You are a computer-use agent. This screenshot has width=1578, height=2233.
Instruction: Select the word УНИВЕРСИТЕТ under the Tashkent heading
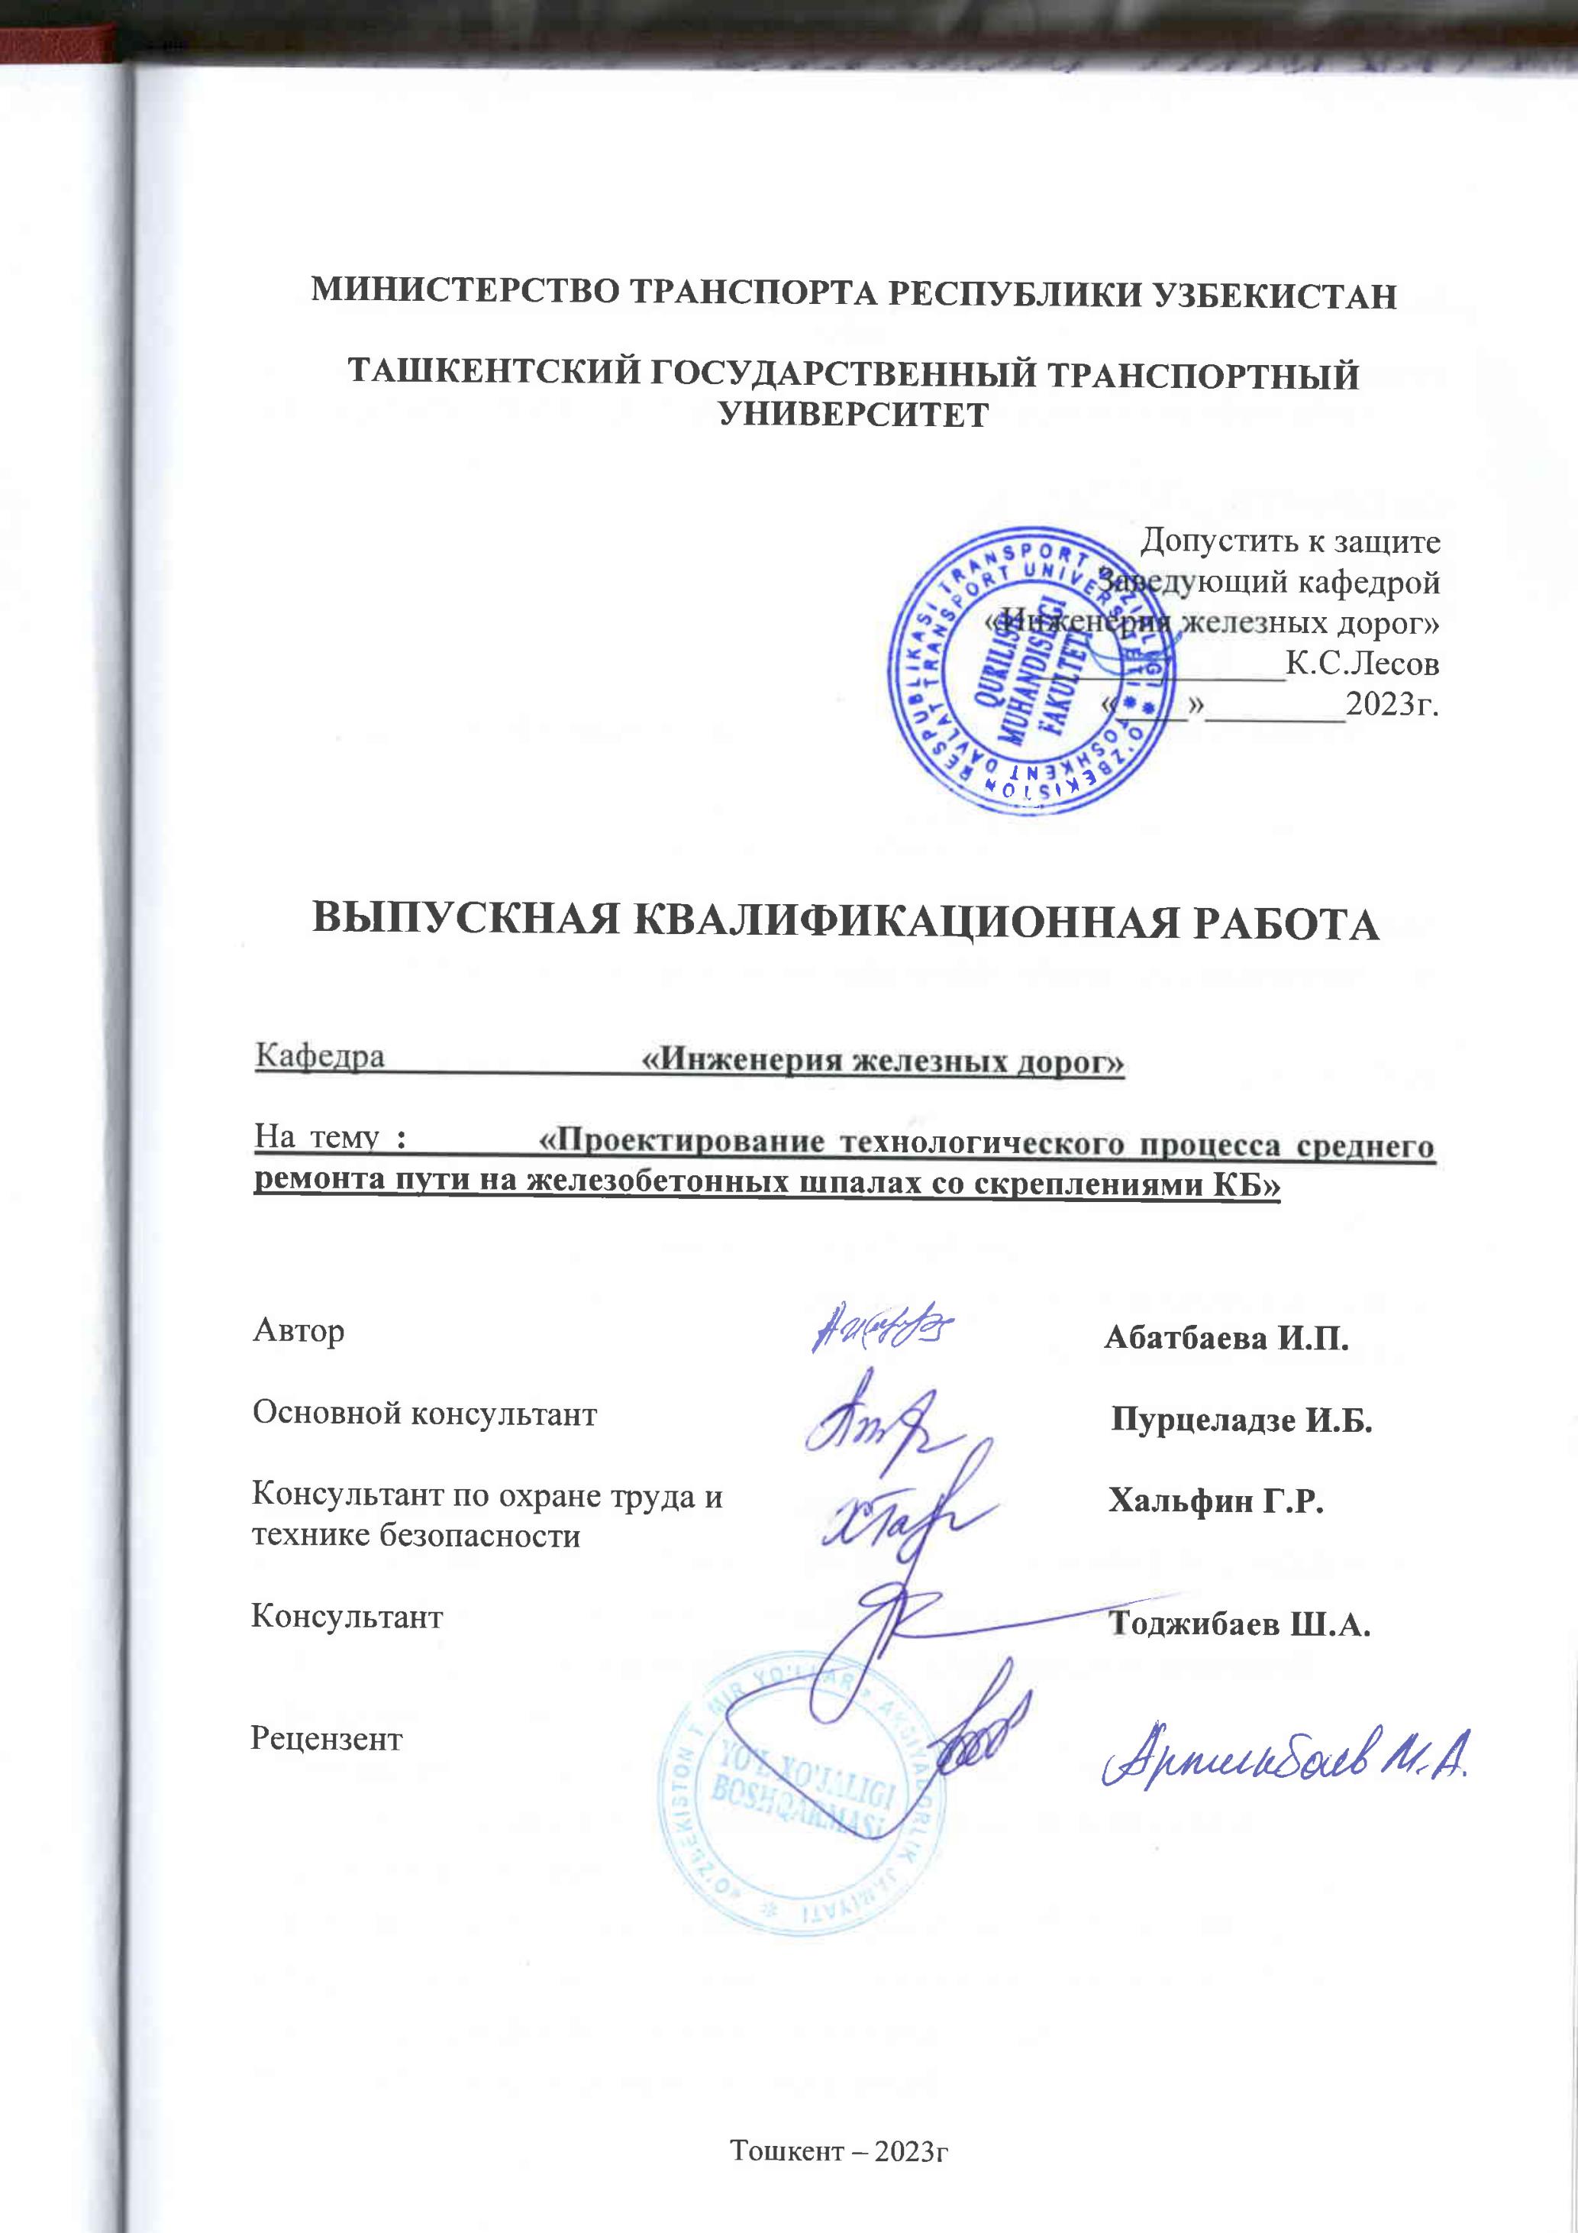(853, 415)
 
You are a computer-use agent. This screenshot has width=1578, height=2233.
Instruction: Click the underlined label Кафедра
(319, 1055)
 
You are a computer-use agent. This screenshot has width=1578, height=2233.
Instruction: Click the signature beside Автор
(881, 1327)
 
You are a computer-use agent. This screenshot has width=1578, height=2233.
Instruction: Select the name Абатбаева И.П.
(1226, 1338)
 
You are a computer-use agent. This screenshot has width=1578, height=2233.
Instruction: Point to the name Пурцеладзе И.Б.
(1241, 1420)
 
